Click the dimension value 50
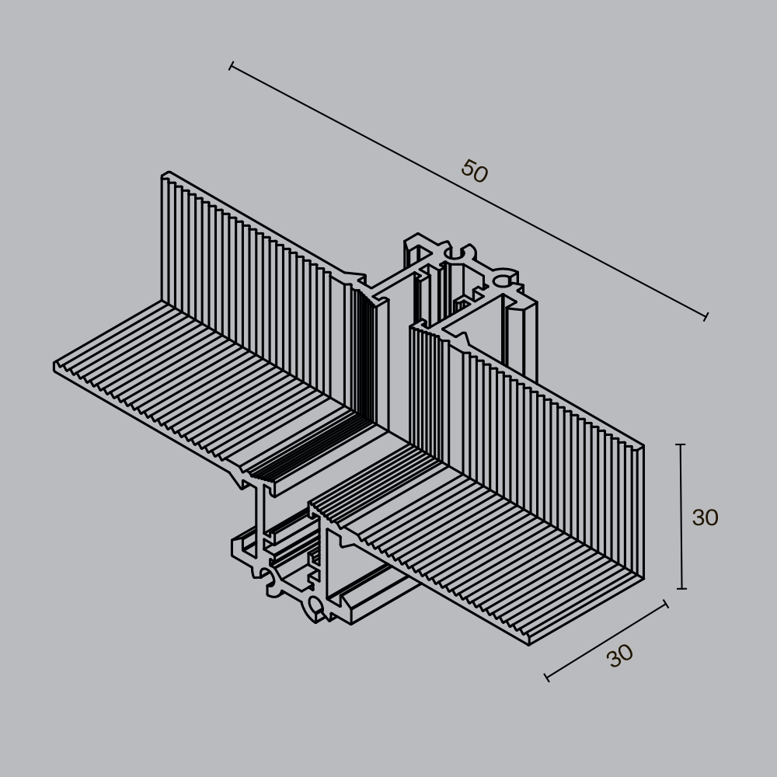(474, 172)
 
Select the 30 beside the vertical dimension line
(705, 517)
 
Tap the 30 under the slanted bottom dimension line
(620, 657)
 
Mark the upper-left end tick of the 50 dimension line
(231, 66)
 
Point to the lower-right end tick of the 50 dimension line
(706, 316)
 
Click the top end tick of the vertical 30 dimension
(681, 444)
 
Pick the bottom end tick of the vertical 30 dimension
(681, 588)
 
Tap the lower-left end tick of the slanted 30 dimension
(547, 678)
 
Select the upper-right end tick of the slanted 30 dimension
(666, 604)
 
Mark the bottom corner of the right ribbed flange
(529, 643)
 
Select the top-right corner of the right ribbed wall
(643, 447)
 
